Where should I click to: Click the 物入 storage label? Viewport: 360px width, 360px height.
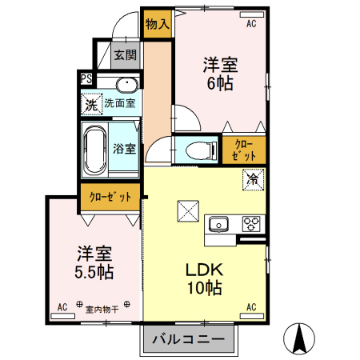point(157,23)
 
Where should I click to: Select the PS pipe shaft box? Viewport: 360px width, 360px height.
point(86,78)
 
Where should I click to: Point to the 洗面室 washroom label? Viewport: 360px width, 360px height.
point(119,103)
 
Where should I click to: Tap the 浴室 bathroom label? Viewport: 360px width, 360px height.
point(124,149)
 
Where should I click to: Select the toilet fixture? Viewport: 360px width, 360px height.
point(196,149)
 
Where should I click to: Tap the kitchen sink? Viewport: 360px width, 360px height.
point(218,223)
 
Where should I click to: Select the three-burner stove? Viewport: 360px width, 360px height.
point(251,223)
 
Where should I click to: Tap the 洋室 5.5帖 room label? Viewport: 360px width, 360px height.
point(94,262)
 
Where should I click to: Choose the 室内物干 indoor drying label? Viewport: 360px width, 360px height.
point(102,307)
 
